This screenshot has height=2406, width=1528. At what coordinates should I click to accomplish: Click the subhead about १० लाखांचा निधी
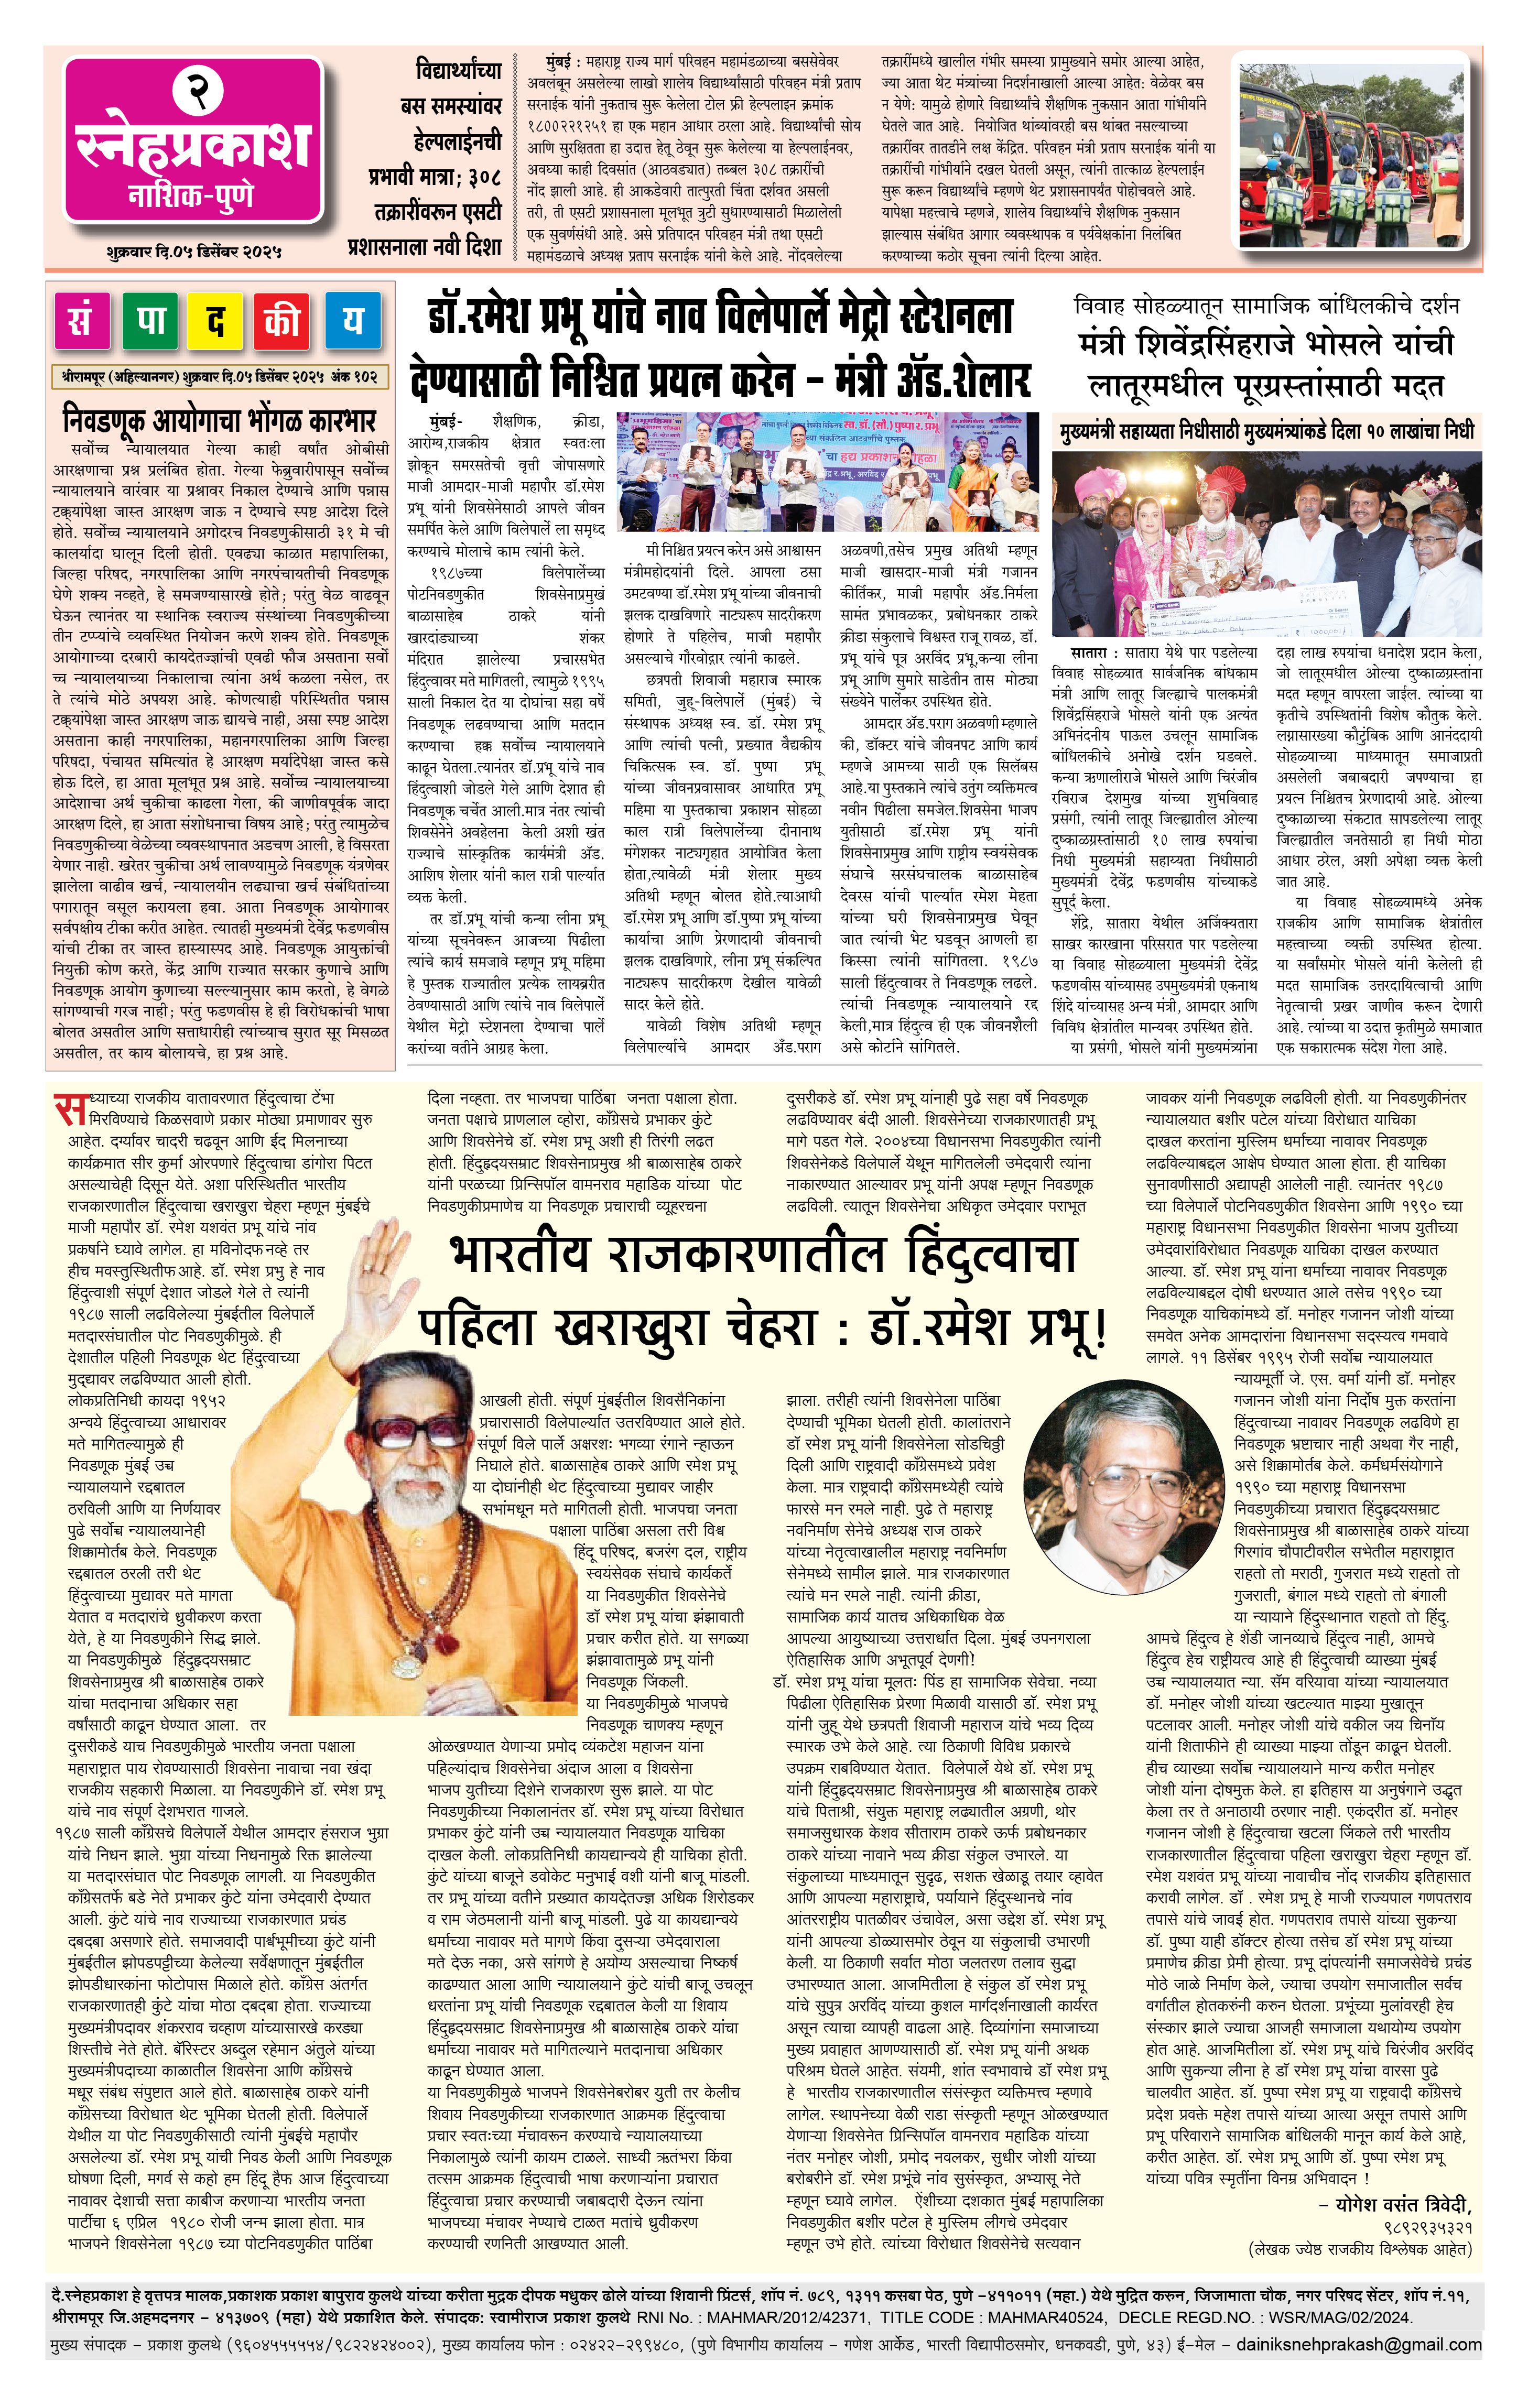click(x=1266, y=431)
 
